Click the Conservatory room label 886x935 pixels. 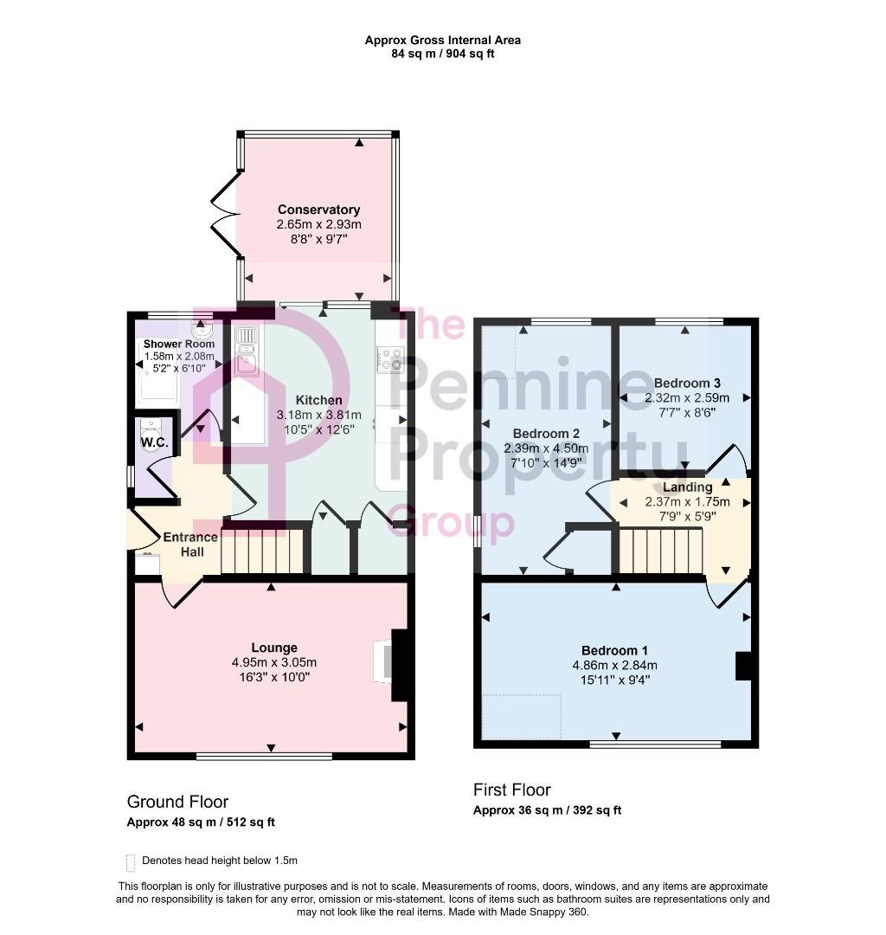coord(318,210)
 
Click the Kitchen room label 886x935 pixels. coord(318,400)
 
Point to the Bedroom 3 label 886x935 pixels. coord(687,383)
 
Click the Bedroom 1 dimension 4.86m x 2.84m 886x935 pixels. coord(614,665)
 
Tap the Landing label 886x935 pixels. coord(687,487)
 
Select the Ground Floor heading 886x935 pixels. coord(177,802)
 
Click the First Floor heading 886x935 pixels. coord(511,790)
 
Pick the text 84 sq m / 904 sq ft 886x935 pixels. coord(442,54)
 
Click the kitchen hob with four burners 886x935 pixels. coord(391,358)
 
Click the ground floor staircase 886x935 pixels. coord(263,552)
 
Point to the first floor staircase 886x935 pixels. coord(659,551)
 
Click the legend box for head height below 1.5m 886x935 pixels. coord(131,861)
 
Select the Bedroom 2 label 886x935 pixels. coord(545,433)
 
